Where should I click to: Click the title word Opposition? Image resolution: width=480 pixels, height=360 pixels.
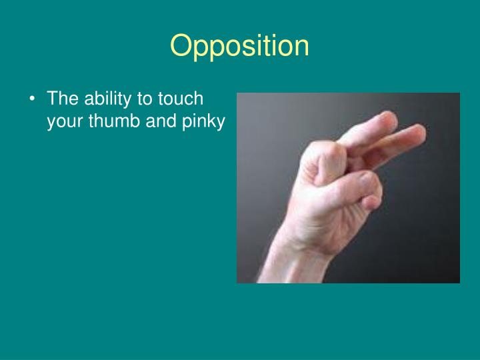(x=239, y=47)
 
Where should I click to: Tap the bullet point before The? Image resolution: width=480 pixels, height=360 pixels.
(x=33, y=99)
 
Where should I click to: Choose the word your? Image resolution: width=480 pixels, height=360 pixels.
(x=63, y=123)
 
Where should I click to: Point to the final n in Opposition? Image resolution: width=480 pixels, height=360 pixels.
(x=301, y=47)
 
